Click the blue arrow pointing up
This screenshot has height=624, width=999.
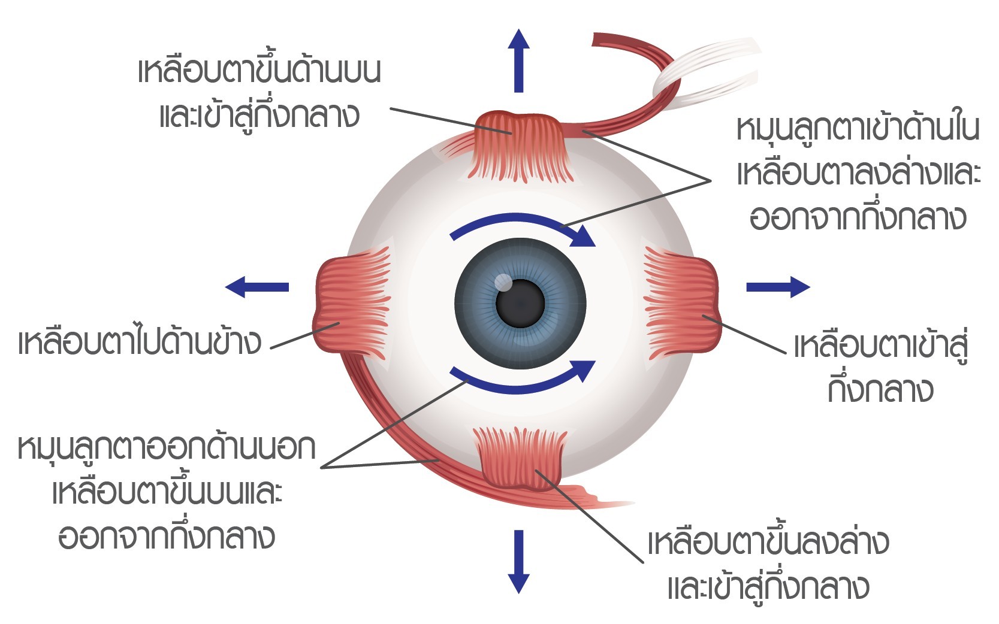point(518,61)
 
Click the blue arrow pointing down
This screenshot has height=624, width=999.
point(518,562)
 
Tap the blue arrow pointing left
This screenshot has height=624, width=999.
point(257,287)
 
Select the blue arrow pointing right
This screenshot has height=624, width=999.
point(778,287)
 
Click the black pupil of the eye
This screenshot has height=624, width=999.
point(520,304)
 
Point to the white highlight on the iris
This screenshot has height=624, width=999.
point(503,282)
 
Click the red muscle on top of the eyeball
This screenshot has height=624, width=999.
point(520,147)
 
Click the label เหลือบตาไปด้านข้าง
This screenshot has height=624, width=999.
point(140,343)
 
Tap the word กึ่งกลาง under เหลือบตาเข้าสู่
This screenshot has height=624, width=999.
point(880,390)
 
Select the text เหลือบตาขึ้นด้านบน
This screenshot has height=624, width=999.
point(259,71)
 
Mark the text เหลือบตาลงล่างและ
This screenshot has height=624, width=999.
point(859,174)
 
